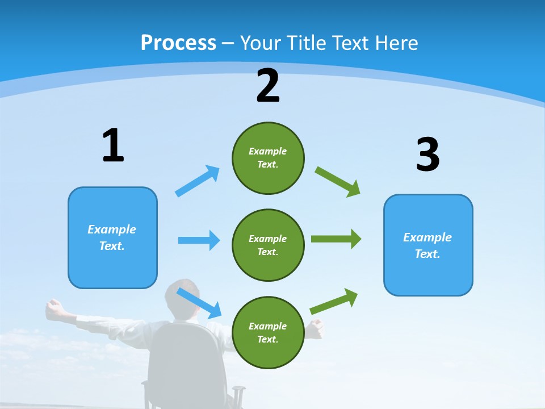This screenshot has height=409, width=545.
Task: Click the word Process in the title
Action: tap(178, 43)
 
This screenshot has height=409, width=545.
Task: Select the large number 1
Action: tap(112, 145)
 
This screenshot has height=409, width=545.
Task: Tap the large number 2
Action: tap(268, 86)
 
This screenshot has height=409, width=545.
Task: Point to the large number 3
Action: tap(427, 155)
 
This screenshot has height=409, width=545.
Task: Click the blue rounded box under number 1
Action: tap(112, 237)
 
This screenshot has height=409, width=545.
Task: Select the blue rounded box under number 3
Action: tap(428, 245)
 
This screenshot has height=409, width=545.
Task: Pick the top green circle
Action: tap(268, 158)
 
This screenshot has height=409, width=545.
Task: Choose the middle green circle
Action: tap(268, 245)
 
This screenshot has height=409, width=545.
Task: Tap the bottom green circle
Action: tap(268, 332)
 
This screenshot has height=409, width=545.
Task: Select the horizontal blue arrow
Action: tap(199, 240)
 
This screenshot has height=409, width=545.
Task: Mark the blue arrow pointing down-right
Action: tap(199, 303)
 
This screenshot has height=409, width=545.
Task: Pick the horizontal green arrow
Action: tap(336, 239)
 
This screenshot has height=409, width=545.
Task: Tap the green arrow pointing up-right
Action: tap(334, 301)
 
